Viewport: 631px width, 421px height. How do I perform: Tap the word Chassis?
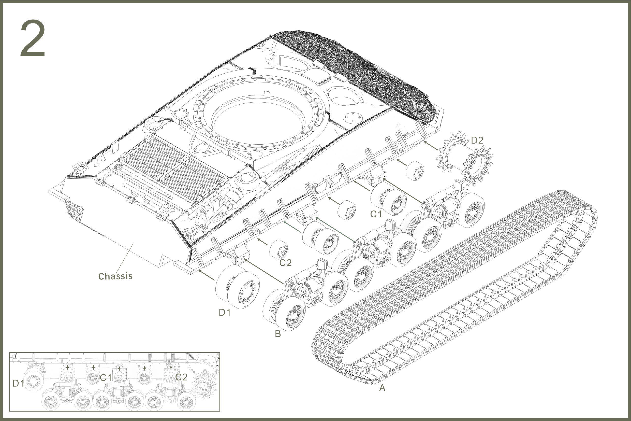115,276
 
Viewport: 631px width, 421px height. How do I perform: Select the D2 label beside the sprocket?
477,140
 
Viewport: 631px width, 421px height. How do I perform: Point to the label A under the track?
382,388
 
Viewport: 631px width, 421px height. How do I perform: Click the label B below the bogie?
278,334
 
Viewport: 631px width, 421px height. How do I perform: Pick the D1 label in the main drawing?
225,312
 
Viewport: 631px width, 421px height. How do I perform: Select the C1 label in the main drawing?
376,214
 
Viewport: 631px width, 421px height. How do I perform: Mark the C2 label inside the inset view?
181,377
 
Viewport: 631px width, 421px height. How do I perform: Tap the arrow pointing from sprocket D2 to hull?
432,146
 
